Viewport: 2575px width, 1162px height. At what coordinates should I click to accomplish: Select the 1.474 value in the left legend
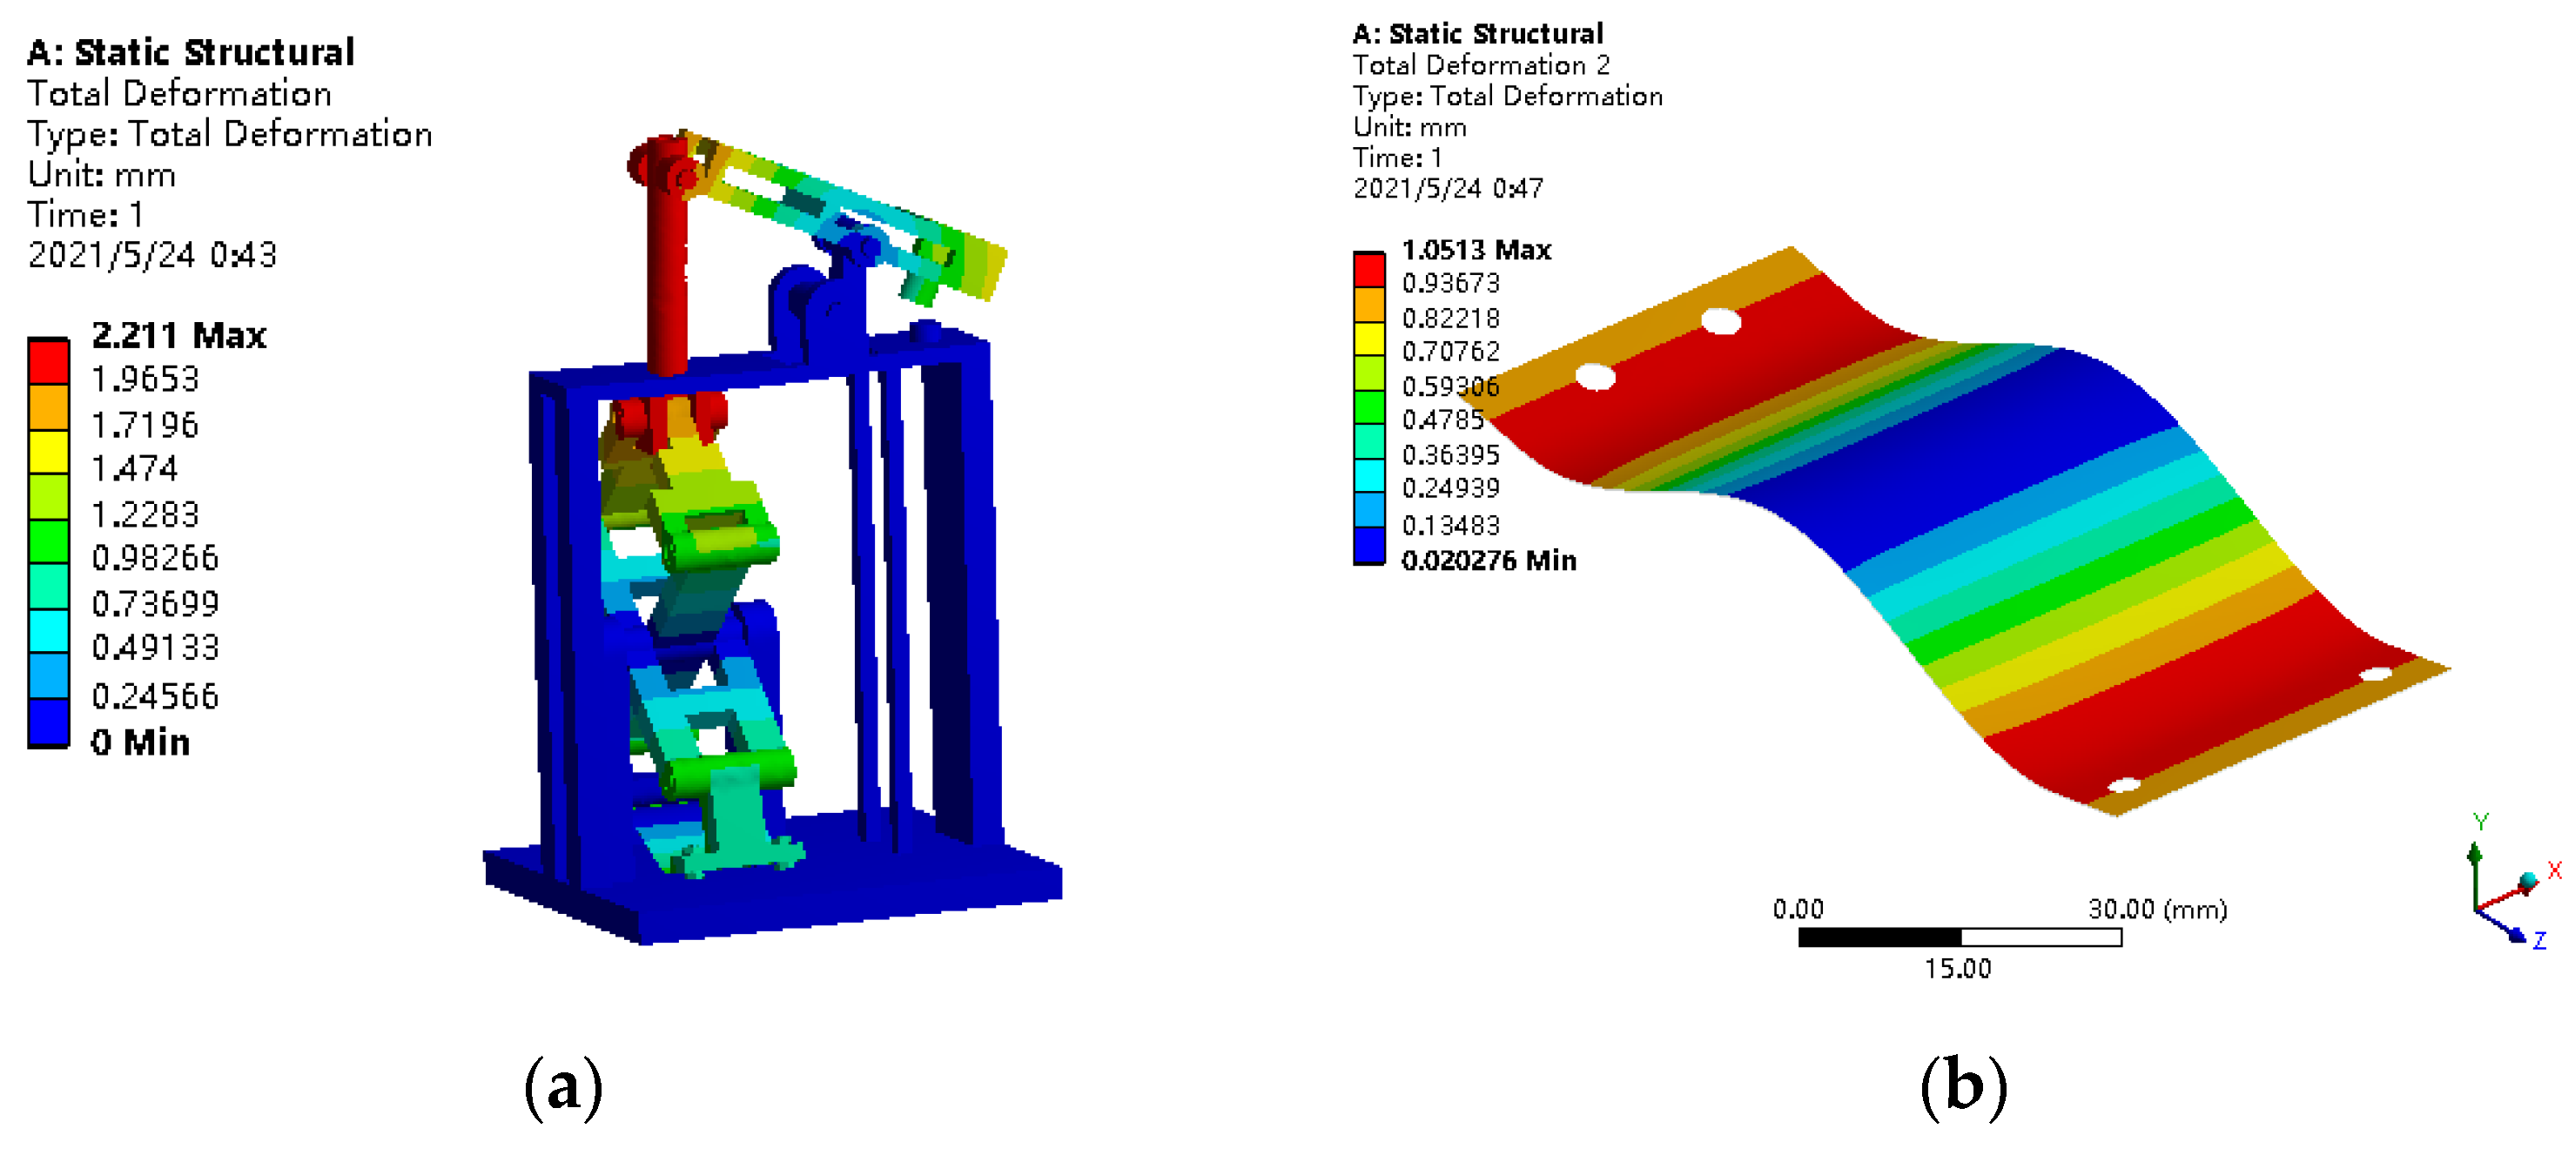click(135, 468)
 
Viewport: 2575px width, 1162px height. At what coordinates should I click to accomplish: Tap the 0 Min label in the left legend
click(140, 742)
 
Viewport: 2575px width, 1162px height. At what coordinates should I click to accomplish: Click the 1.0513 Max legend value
click(1476, 250)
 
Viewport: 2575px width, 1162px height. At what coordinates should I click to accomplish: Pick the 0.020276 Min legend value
click(1489, 561)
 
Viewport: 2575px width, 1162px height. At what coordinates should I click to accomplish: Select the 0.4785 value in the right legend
click(1442, 420)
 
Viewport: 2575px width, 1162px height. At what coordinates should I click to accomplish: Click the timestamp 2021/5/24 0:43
click(152, 255)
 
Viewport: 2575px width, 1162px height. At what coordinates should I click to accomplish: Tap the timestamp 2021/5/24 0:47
click(1449, 189)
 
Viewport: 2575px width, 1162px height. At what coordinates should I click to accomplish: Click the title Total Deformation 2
click(1482, 66)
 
